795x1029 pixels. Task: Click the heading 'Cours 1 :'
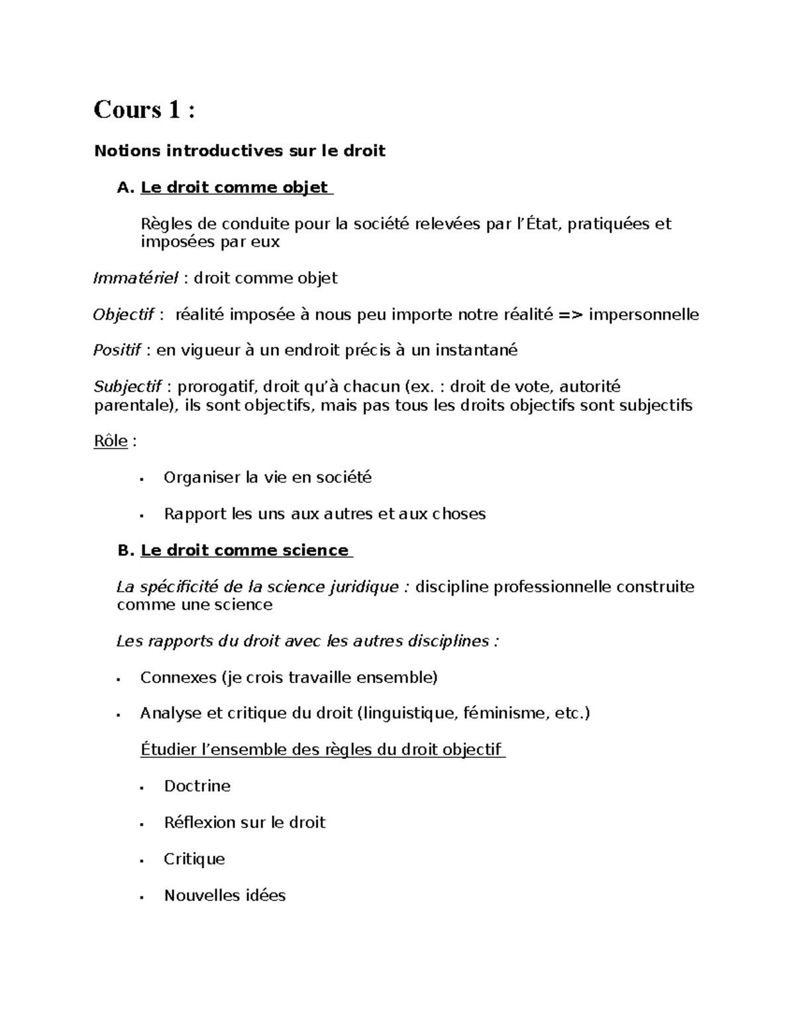pyautogui.click(x=144, y=109)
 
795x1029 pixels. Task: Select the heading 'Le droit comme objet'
pyautogui.click(x=235, y=188)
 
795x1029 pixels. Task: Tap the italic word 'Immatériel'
pyautogui.click(x=136, y=278)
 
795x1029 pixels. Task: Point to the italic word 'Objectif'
pyautogui.click(x=124, y=315)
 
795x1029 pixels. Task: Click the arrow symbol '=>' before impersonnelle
pyautogui.click(x=570, y=315)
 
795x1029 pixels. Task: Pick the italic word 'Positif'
pyautogui.click(x=117, y=351)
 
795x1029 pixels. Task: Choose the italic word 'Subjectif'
pyautogui.click(x=128, y=387)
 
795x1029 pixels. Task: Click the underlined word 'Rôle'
pyautogui.click(x=111, y=441)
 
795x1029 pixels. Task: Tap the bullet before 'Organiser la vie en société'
pyautogui.click(x=142, y=478)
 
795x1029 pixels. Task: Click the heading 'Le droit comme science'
pyautogui.click(x=244, y=551)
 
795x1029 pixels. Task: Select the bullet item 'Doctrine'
pyautogui.click(x=197, y=786)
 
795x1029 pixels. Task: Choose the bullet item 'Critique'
pyautogui.click(x=194, y=859)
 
